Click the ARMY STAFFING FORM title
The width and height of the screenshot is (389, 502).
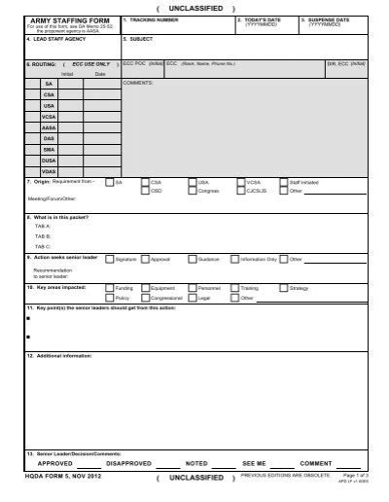pos(60,19)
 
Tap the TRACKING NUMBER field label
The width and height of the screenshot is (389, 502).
pos(156,19)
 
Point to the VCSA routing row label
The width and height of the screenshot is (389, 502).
pos(49,117)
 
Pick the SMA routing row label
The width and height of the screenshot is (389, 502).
pos(49,148)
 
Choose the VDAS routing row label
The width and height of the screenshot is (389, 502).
pos(49,170)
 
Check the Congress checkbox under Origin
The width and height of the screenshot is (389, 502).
pos(192,192)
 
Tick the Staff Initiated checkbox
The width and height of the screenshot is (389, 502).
pos(283,181)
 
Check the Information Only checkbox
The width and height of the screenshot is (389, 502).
pos(235,260)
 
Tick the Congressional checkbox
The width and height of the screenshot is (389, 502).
pos(144,298)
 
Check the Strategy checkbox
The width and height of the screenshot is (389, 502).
pos(283,289)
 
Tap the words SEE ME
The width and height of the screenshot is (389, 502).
pos(254,463)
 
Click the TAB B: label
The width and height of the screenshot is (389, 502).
pos(42,234)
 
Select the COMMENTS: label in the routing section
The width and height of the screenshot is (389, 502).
pos(138,85)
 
